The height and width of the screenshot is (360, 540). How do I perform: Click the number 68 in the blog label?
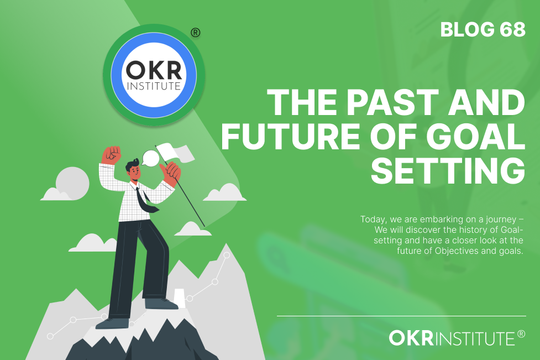point(512,30)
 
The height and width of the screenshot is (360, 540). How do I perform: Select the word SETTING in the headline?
point(448,170)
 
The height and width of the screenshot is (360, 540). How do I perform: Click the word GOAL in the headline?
point(475,137)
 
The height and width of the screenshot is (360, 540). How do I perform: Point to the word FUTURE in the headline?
point(291,137)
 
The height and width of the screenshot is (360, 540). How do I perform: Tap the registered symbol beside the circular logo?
point(195,33)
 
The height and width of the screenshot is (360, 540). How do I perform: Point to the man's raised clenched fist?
point(111,155)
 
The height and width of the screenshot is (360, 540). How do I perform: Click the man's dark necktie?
point(145,200)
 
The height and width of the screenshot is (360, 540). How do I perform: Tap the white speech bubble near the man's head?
point(150,158)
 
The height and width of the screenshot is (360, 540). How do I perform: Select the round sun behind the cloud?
point(72,183)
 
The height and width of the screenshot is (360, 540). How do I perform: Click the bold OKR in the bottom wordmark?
point(411,338)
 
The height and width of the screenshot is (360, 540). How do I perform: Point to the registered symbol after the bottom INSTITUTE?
point(521,334)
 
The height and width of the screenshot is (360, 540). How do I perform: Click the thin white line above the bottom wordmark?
point(402,316)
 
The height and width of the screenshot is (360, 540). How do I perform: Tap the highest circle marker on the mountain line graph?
point(227,255)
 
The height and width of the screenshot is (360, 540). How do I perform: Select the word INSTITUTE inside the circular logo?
point(154,86)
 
